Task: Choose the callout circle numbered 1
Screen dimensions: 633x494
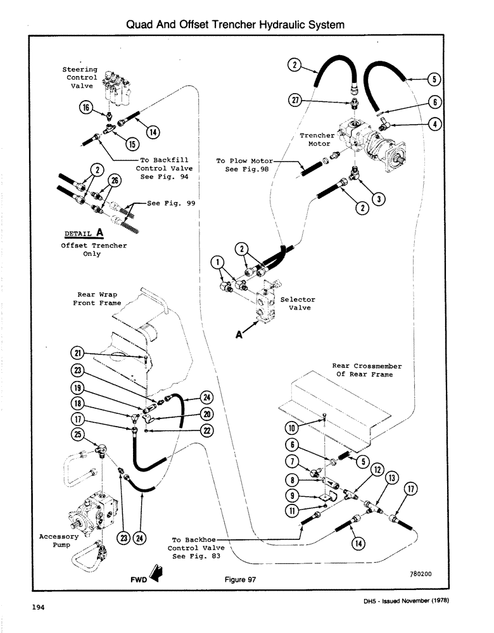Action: [x=217, y=263]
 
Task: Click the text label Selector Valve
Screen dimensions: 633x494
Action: [x=300, y=304]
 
